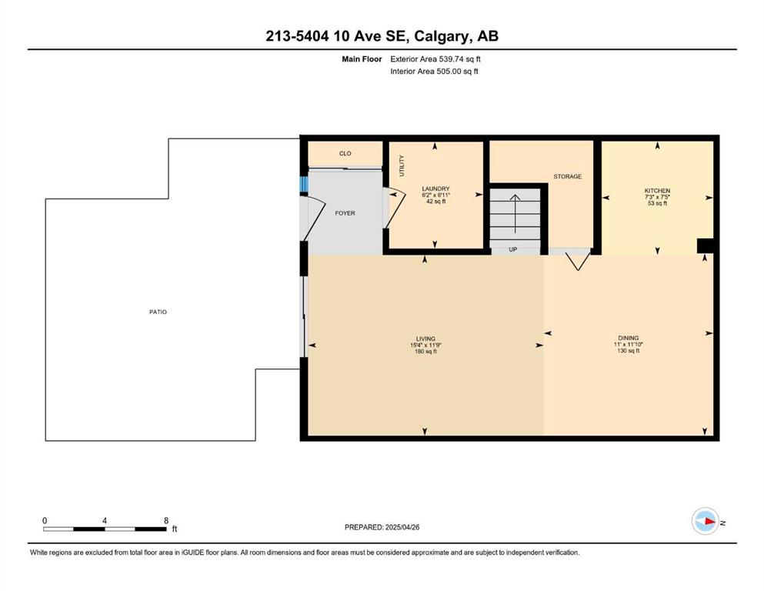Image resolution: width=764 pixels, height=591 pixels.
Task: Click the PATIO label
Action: click(158, 312)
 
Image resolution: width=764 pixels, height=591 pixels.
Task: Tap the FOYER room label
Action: click(345, 213)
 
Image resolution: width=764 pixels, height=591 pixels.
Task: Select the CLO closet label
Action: click(345, 153)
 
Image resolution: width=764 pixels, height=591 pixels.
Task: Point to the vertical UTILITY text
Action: click(402, 165)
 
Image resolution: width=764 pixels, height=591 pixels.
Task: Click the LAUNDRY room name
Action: click(435, 189)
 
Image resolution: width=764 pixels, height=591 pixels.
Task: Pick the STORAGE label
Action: click(568, 176)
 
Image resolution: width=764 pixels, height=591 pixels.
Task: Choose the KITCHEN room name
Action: click(657, 191)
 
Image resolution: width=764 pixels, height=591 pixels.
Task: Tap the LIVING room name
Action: click(425, 339)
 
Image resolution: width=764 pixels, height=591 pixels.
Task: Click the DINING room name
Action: click(629, 338)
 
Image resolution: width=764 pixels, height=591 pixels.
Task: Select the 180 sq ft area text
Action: click(425, 351)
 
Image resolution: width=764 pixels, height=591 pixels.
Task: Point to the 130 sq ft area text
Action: click(629, 350)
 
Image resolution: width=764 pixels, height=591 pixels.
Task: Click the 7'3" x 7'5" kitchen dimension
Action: click(657, 197)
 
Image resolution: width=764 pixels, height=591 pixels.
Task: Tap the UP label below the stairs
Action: click(512, 249)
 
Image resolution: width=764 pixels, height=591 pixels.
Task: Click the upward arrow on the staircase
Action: click(515, 213)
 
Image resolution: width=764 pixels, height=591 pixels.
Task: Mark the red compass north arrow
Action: click(709, 522)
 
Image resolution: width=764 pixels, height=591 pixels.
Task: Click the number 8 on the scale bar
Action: click(166, 520)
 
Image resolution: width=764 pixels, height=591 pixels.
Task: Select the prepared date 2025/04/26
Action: click(402, 527)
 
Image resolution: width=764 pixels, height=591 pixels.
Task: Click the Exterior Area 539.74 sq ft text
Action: click(435, 59)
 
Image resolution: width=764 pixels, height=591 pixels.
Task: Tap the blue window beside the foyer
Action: click(304, 185)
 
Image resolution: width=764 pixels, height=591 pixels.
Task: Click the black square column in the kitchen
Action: click(705, 245)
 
